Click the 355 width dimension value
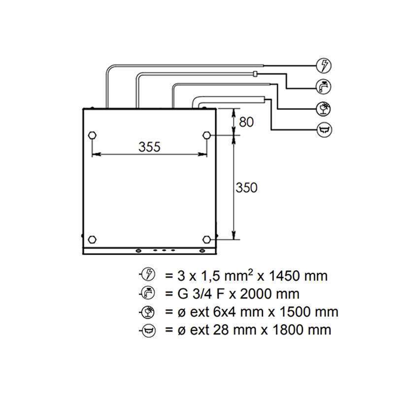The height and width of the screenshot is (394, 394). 149,147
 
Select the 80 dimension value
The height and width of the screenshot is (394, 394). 246,122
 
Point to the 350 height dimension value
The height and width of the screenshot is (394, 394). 247,188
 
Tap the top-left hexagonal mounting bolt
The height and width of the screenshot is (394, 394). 93,135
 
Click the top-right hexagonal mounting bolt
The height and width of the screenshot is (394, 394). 206,135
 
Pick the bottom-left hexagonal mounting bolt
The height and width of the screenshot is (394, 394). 92,239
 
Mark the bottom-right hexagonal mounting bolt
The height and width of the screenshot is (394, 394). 206,239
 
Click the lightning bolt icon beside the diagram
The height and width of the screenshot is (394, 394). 324,66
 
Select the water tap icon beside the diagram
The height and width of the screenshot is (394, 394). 324,87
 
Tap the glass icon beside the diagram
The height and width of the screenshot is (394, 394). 324,108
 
